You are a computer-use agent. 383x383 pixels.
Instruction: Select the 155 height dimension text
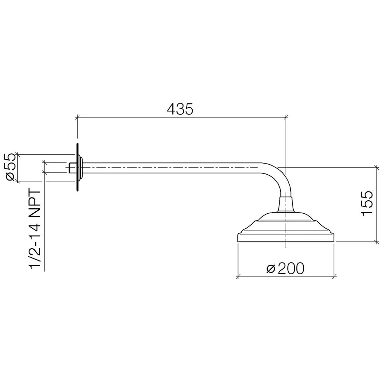[367, 203]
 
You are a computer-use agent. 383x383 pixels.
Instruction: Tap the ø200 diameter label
[285, 268]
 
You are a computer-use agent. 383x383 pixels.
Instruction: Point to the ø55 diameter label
[11, 167]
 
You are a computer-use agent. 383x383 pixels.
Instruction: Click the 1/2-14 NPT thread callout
[35, 229]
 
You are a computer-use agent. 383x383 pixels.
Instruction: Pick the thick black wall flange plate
[77, 167]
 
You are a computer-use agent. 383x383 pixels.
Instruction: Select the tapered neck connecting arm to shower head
[286, 205]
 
